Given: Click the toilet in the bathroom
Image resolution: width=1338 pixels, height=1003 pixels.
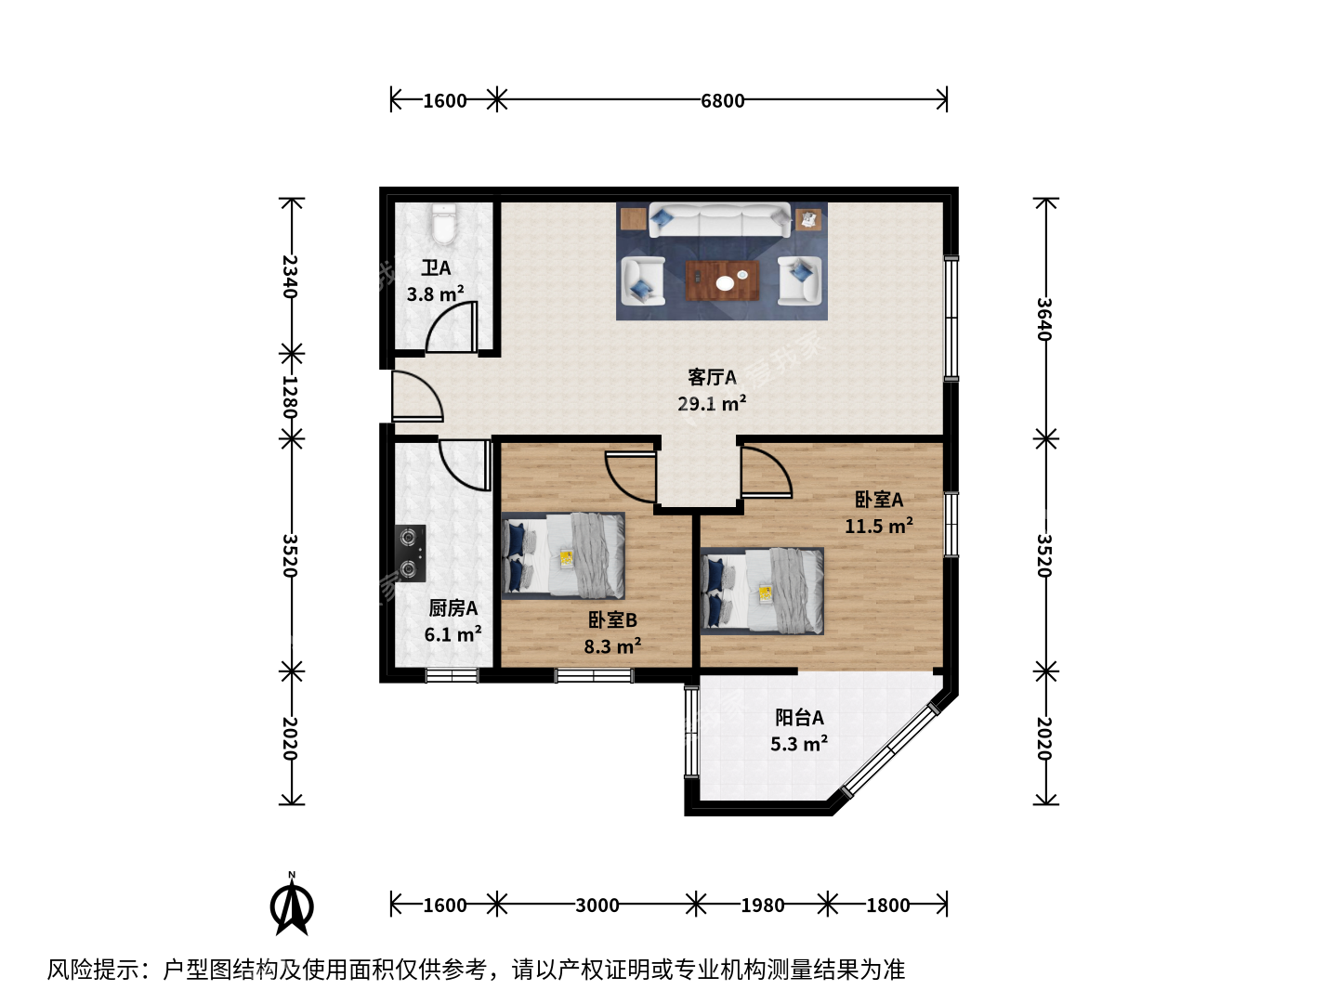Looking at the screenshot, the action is (x=444, y=224).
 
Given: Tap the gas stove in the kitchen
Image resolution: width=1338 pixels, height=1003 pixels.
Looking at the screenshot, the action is (x=411, y=553).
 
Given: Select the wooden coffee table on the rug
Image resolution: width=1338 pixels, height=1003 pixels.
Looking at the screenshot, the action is (x=722, y=280).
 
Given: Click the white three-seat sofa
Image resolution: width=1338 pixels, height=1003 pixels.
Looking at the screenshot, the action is (x=719, y=220).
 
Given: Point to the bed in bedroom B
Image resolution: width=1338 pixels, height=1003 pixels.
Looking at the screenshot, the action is (x=563, y=555).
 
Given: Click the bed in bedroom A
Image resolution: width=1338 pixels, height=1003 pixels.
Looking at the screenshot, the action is (x=762, y=591).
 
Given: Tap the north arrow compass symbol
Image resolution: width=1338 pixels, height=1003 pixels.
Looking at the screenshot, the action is (x=292, y=904).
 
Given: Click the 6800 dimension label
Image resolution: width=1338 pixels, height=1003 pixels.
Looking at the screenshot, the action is (x=722, y=100).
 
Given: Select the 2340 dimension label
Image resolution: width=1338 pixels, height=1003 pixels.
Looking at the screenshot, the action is (x=290, y=277).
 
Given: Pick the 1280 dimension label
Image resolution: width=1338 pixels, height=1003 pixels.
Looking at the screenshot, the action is (x=290, y=397).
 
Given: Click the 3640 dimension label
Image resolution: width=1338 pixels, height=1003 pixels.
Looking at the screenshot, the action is (x=1044, y=319).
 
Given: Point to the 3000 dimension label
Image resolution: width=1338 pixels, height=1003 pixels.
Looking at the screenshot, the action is (x=597, y=905).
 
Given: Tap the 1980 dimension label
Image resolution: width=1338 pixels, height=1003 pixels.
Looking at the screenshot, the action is (x=763, y=905).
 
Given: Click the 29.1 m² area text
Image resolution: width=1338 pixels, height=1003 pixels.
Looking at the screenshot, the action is (x=712, y=403).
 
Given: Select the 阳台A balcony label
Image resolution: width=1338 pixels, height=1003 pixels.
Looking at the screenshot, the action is (x=799, y=717).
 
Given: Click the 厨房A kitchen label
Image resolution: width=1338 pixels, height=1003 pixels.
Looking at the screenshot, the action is (x=453, y=607).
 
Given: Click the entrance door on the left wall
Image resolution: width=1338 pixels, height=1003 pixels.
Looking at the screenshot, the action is (x=417, y=396).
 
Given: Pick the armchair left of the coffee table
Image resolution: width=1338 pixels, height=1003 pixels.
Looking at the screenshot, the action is (x=642, y=280).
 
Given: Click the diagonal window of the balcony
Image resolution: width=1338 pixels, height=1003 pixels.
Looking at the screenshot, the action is (x=890, y=751).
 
